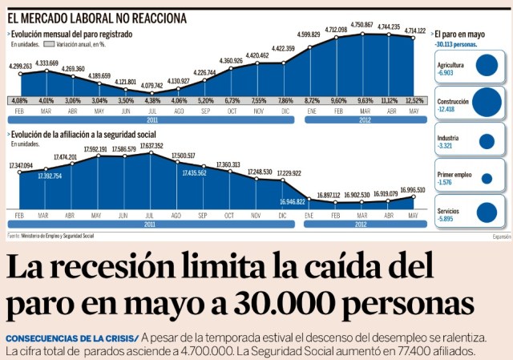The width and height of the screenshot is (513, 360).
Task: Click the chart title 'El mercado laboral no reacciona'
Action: tap(98, 17)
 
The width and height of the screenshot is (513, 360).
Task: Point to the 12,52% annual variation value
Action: tap(414, 101)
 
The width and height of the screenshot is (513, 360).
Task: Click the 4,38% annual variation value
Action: tap(151, 101)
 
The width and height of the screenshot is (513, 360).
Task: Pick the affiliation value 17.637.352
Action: tap(151, 146)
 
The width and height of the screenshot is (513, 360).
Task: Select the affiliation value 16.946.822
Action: tap(283, 202)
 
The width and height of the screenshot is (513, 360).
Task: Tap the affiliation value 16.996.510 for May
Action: tap(414, 190)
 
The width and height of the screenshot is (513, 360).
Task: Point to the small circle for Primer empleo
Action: tap(487, 177)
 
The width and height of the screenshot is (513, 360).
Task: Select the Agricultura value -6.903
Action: tap(446, 73)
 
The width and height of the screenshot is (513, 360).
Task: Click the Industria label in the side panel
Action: tap(448, 138)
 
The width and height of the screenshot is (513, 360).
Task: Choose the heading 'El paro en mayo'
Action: tap(459, 35)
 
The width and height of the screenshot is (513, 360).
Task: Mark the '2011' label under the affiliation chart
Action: tap(151, 225)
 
